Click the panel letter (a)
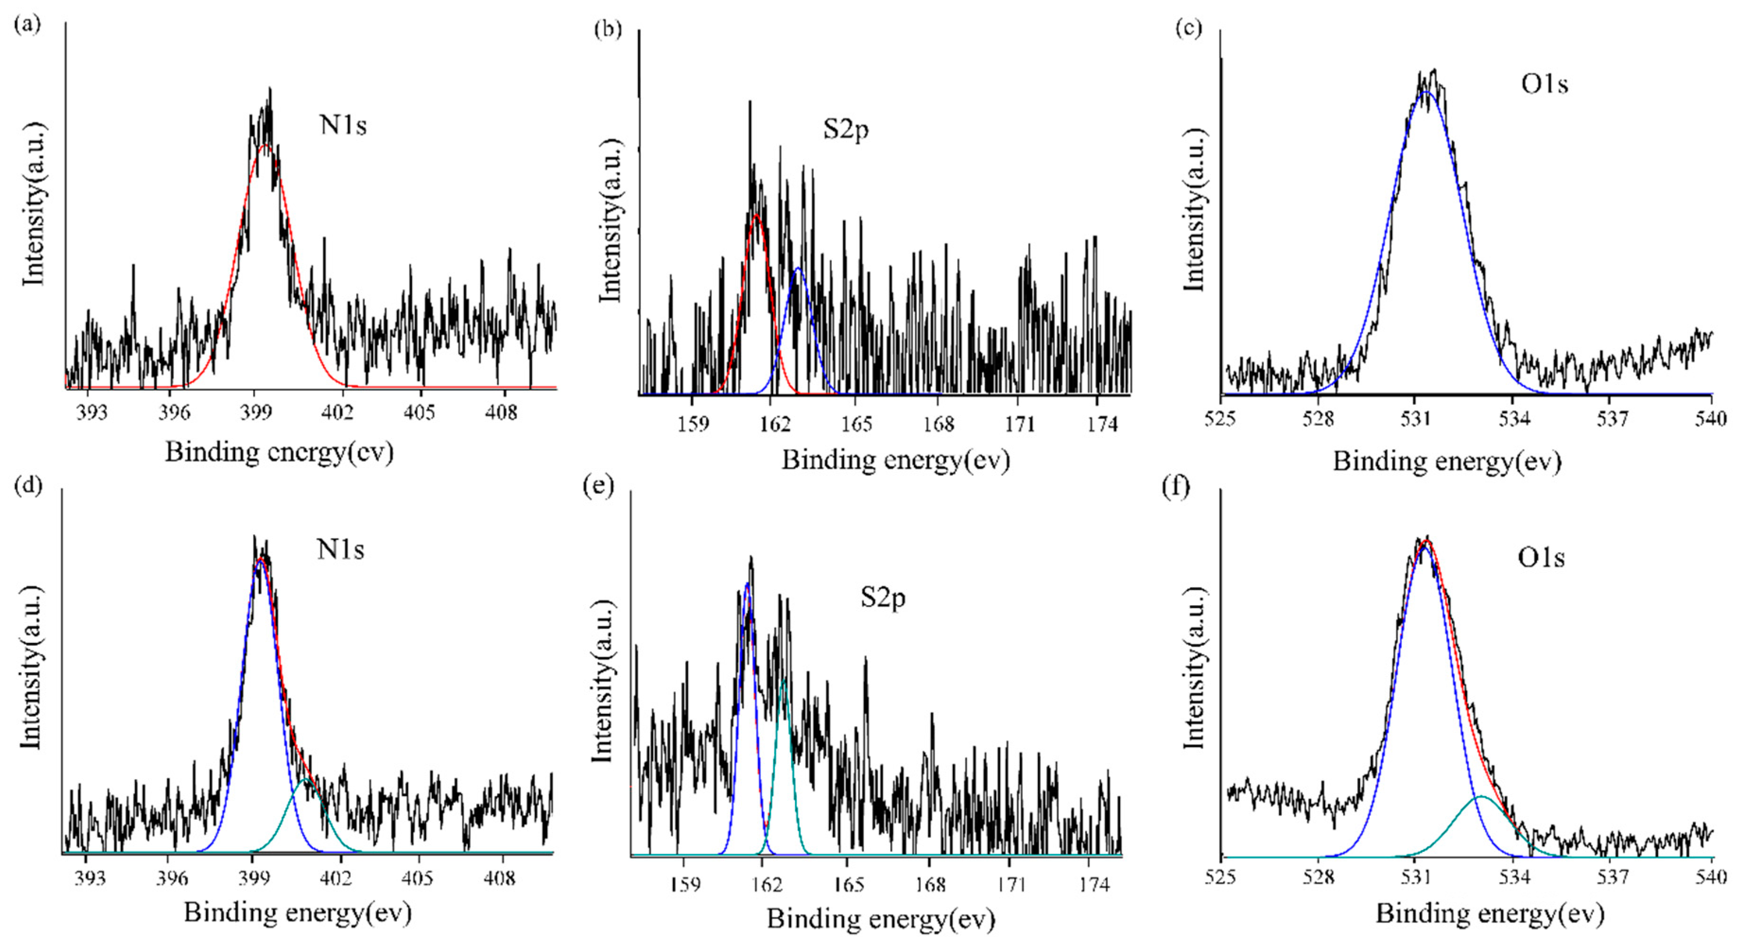(x=28, y=25)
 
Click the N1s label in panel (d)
(x=340, y=549)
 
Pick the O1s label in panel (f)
(x=1541, y=557)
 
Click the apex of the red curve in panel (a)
(x=265, y=145)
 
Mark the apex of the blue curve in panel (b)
(x=798, y=269)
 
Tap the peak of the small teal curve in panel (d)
(x=306, y=780)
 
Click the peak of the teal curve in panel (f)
(x=1480, y=797)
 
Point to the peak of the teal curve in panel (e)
(x=783, y=680)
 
